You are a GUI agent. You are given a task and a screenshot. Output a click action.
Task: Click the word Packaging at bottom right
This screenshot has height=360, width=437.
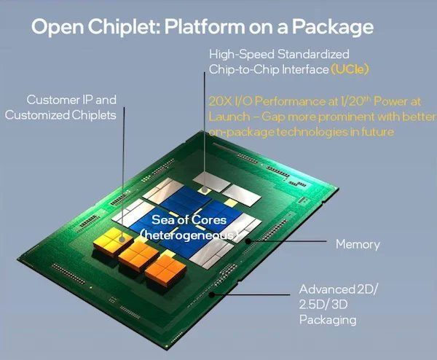tap(327, 319)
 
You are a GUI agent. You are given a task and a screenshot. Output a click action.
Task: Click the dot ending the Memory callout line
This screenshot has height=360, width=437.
tap(247, 238)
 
